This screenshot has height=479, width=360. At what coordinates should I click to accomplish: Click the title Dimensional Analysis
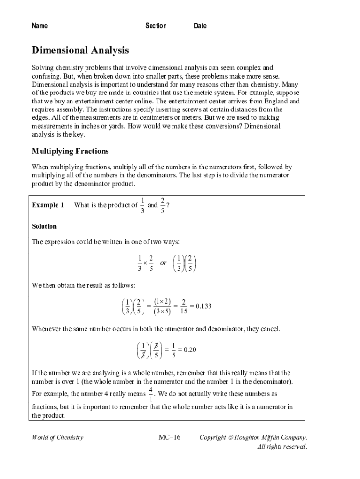click(80, 51)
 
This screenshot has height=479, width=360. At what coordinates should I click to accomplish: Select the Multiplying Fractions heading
click(70, 151)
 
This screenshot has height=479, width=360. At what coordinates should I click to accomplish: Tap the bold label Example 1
click(48, 205)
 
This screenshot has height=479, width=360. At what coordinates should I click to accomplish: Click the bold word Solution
click(44, 226)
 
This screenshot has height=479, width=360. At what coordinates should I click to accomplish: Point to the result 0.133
click(203, 306)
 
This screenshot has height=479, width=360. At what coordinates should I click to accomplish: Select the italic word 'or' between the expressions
click(163, 263)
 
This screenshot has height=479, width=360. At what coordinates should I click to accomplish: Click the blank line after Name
click(97, 26)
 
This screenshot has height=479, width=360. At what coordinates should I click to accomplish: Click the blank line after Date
click(227, 26)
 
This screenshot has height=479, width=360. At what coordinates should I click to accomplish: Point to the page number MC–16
click(169, 438)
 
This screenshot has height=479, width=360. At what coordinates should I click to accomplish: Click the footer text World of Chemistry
click(58, 438)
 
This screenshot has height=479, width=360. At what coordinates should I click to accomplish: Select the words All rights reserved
click(282, 447)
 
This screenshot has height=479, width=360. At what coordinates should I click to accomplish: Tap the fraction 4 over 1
click(151, 394)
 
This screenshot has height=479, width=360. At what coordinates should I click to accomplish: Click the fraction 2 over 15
click(184, 306)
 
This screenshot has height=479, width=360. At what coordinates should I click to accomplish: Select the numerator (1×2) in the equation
click(162, 302)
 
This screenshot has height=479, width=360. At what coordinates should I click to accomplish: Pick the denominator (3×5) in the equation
click(162, 312)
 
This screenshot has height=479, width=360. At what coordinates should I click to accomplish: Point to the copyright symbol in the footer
click(231, 438)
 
